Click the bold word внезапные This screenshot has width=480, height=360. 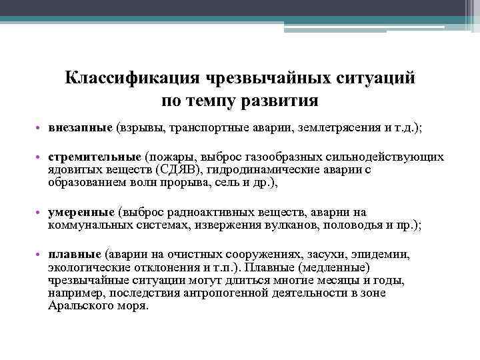(x=80, y=128)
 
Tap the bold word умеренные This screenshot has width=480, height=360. (x=81, y=212)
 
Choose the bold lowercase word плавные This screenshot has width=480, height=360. (x=75, y=254)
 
